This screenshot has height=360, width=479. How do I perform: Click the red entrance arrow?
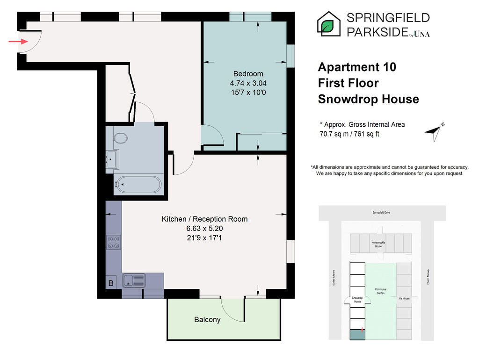(18, 42)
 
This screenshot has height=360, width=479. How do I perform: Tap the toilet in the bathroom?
(120, 138)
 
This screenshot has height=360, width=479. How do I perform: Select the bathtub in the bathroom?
(139, 184)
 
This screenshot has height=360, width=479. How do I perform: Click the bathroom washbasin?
(111, 159)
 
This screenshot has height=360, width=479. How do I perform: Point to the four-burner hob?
(114, 242)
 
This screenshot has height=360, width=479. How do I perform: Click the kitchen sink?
(134, 281)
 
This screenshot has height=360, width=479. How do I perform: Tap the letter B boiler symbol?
(111, 283)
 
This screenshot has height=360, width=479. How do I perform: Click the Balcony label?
(207, 320)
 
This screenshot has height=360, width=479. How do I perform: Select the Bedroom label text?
(248, 74)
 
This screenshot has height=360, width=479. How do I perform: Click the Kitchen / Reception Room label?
(204, 219)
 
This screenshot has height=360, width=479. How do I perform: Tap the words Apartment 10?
(357, 67)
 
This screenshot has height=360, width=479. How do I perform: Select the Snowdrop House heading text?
(369, 99)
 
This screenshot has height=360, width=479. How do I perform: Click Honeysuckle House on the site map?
(378, 244)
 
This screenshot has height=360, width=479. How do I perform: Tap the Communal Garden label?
(381, 291)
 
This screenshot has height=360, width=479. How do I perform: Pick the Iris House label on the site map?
(404, 298)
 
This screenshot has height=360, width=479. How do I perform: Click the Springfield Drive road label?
(381, 213)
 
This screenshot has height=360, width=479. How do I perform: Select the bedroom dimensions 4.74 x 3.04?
(248, 83)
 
